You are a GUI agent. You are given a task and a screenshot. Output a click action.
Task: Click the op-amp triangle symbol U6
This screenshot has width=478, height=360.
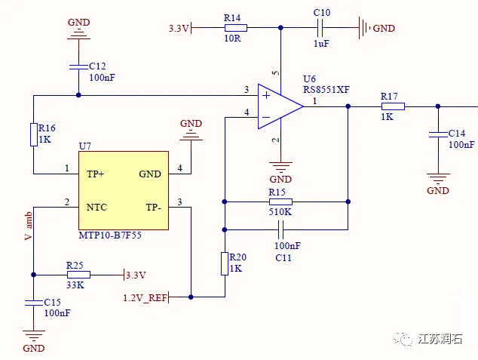point(279,106)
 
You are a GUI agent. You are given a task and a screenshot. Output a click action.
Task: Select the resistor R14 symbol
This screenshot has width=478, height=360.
point(231,28)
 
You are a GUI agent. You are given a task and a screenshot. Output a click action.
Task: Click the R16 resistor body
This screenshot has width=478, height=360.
point(33,134)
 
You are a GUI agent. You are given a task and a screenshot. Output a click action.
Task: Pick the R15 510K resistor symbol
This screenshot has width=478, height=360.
point(280,202)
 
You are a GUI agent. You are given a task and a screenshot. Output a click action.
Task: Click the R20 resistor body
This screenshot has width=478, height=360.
point(224,264)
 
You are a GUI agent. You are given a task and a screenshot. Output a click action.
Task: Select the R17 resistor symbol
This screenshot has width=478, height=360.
point(392,106)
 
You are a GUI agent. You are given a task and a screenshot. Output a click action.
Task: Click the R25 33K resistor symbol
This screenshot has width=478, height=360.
point(78,275)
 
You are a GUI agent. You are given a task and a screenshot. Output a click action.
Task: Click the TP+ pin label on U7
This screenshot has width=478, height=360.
point(96,174)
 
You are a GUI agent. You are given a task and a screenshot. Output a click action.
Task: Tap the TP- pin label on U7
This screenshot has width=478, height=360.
point(153,205)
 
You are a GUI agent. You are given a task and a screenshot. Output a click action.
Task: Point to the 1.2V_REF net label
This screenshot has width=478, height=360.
point(145,297)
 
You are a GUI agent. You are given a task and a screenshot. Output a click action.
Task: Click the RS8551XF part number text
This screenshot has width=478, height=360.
point(326,89)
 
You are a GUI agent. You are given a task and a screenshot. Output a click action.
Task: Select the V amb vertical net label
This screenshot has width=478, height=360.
point(29,226)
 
